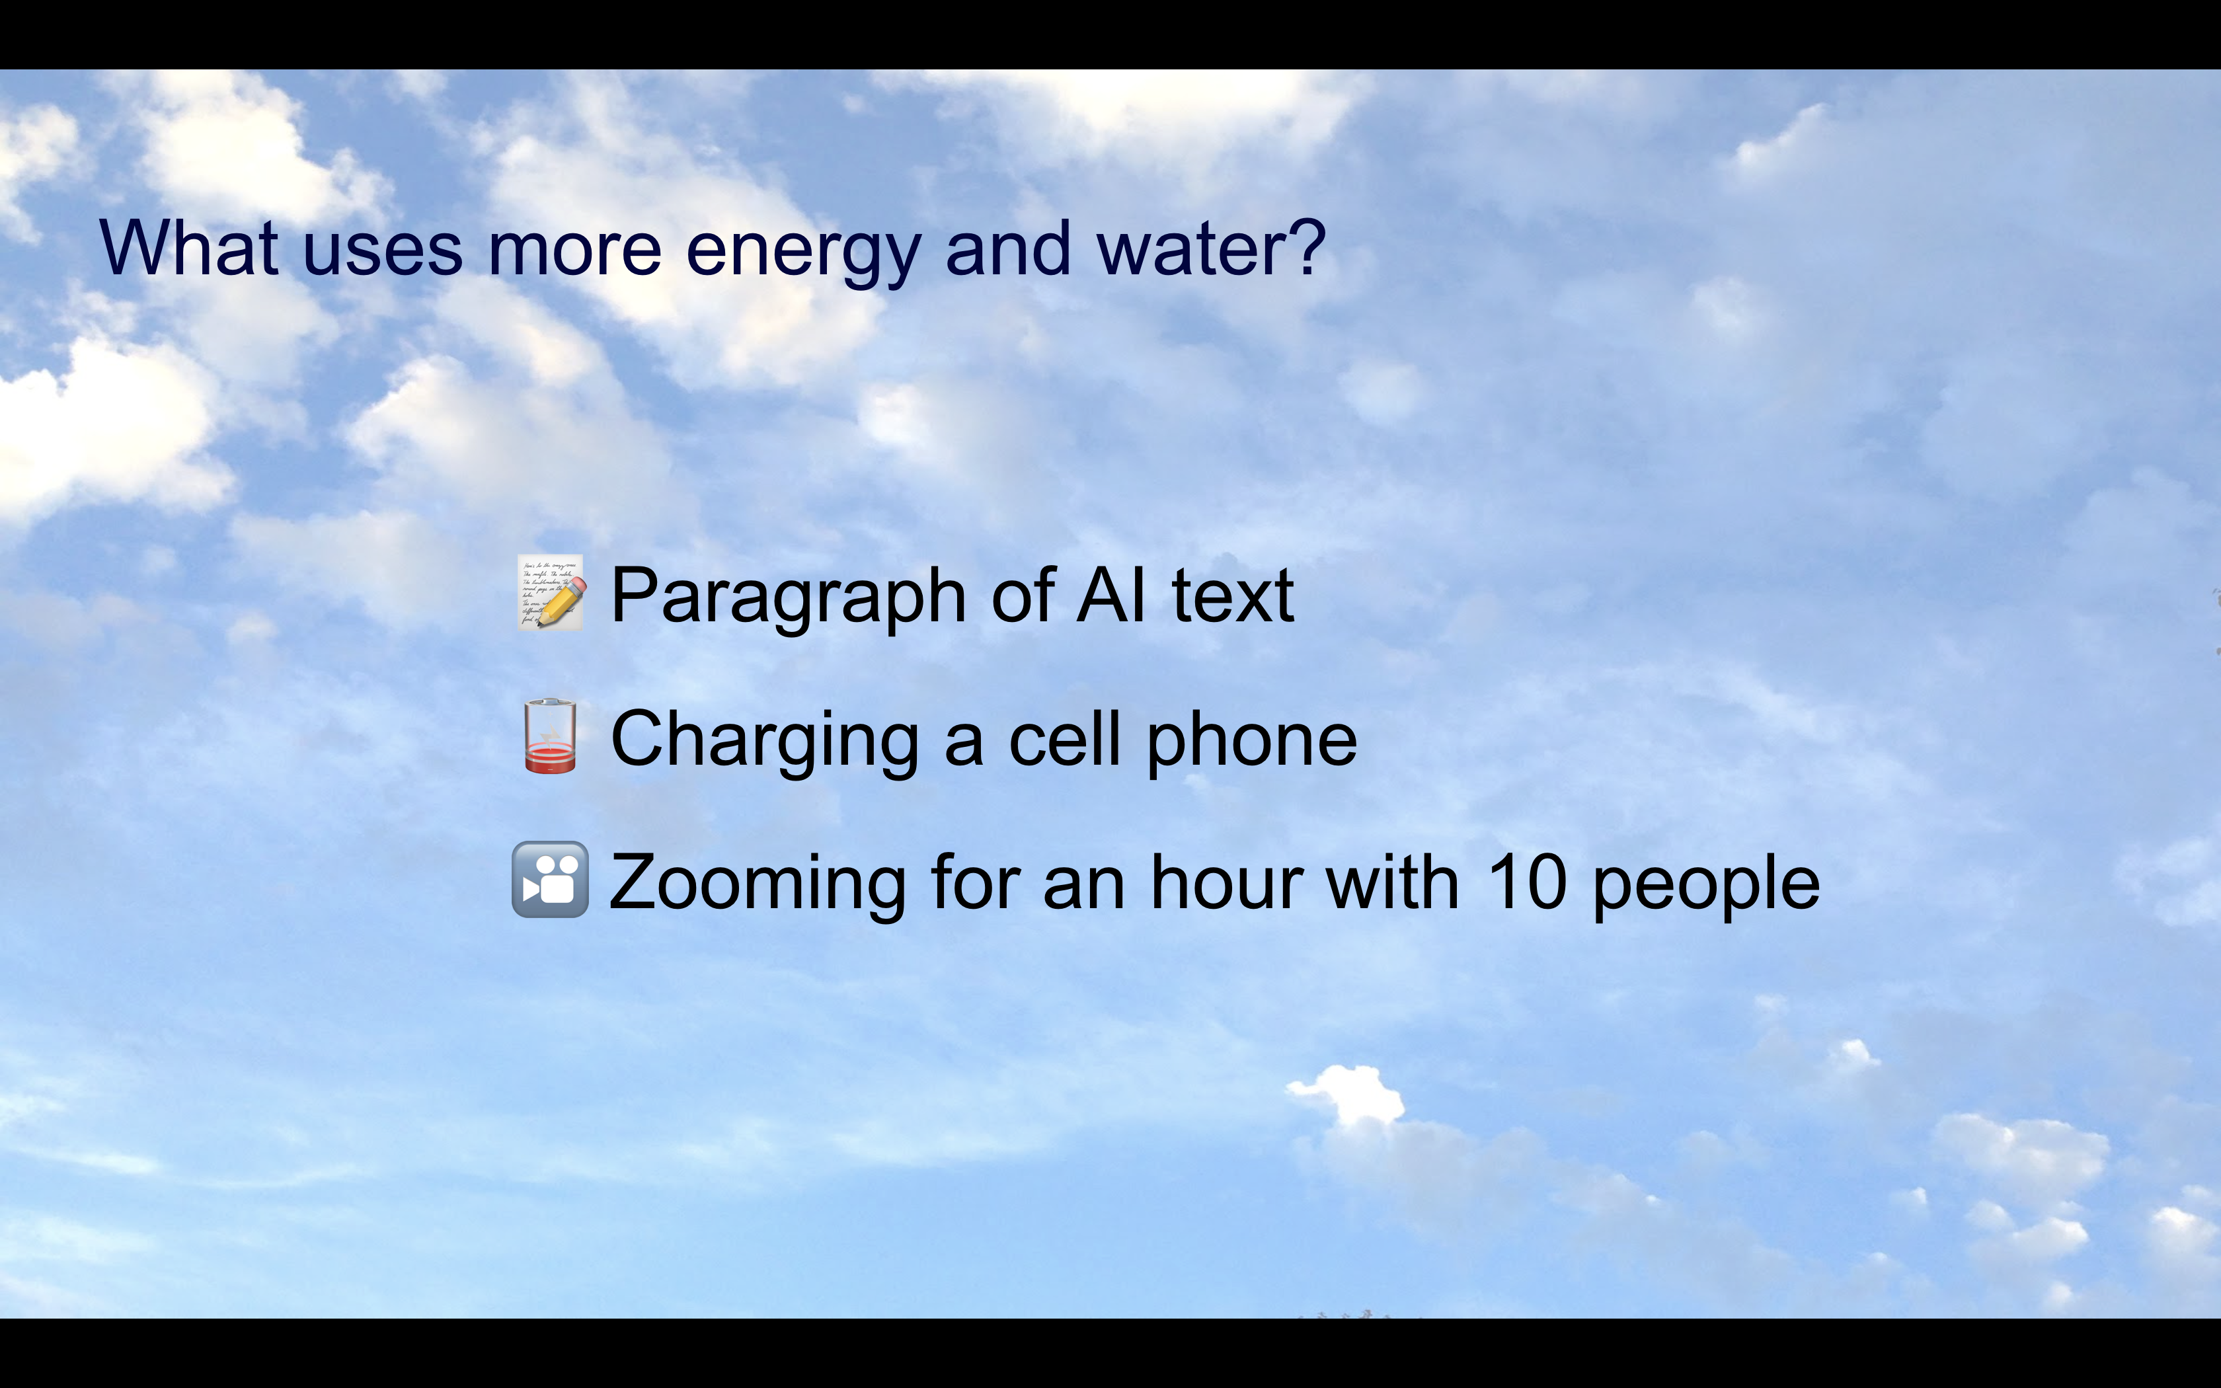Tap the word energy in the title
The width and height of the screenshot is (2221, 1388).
point(803,252)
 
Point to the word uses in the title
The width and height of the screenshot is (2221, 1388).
point(382,252)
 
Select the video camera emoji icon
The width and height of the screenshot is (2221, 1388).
point(550,880)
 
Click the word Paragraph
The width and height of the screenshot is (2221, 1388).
point(787,597)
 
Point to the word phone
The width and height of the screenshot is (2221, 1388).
point(1252,742)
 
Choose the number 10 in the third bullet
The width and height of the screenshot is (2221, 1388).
point(1526,882)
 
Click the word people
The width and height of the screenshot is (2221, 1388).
point(1705,886)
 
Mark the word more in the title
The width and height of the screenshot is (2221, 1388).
point(574,252)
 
